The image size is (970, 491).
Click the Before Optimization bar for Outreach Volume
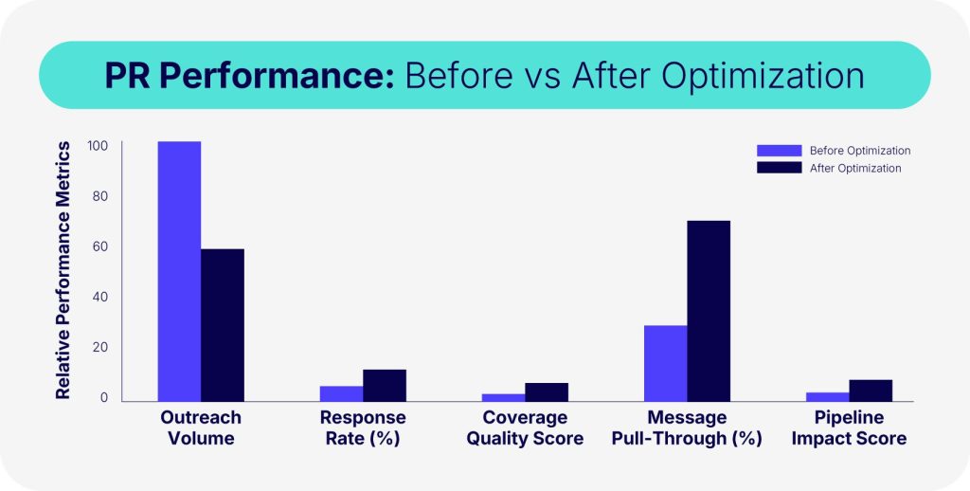[x=179, y=271]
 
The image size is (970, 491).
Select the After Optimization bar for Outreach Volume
[x=223, y=325]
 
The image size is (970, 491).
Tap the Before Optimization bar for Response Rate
[x=341, y=393]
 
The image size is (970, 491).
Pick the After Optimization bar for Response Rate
[x=385, y=386]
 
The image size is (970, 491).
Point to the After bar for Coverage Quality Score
[x=547, y=391]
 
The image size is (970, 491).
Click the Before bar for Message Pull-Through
[x=666, y=363]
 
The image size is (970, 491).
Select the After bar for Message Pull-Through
[x=709, y=311]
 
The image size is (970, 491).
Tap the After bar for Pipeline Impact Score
[x=871, y=391]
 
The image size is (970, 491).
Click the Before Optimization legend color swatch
[x=779, y=151]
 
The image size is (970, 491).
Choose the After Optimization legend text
[x=855, y=169]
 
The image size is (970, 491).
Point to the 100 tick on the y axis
[x=99, y=147]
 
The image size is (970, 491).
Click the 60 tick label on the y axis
[x=99, y=247]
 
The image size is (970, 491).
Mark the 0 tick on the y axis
[x=104, y=397]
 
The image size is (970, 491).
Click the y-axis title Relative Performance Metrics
[x=63, y=270]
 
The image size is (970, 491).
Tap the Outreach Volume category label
[x=201, y=427]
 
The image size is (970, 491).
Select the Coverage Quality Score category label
[x=525, y=427]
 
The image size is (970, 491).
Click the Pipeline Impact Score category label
[x=850, y=427]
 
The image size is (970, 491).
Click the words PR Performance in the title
[x=249, y=76]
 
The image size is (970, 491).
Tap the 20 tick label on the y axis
[x=99, y=347]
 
